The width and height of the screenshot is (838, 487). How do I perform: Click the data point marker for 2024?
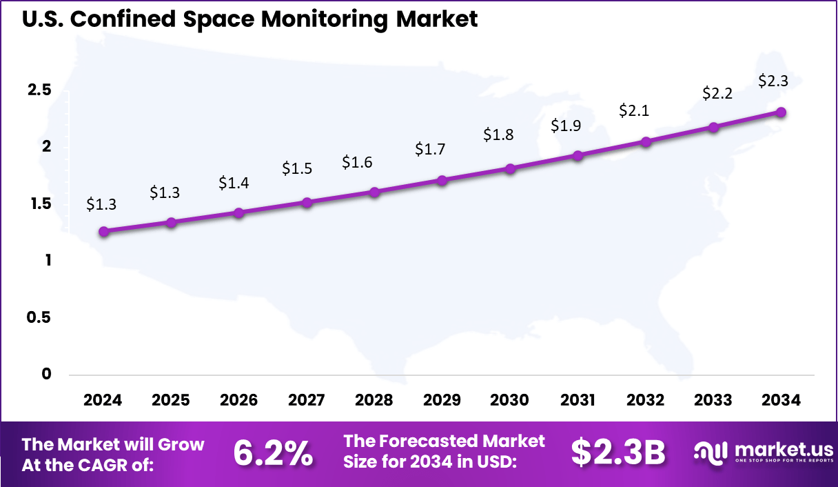[x=103, y=232]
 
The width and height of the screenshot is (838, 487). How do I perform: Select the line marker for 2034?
[x=781, y=112]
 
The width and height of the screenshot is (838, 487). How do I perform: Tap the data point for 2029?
[x=442, y=180]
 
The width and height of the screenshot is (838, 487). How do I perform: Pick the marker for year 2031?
[x=578, y=156]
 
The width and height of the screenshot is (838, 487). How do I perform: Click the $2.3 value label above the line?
[x=773, y=81]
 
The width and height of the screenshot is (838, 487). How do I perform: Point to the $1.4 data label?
[x=234, y=183]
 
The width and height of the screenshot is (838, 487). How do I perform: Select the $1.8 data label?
[x=498, y=135]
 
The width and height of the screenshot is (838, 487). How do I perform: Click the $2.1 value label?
[x=633, y=110]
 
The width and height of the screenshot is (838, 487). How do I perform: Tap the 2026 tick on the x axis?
[x=238, y=401]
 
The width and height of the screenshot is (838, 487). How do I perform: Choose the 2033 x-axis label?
[x=713, y=401]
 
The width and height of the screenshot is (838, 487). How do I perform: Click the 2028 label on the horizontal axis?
[x=374, y=401]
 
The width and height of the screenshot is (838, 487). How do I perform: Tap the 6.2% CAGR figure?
[x=273, y=453]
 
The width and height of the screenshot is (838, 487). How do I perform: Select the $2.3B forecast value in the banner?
[x=618, y=453]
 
